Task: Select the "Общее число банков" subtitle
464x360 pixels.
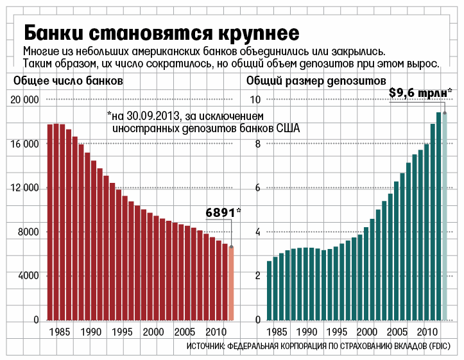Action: [68, 81]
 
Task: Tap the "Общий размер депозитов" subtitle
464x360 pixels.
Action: [316, 81]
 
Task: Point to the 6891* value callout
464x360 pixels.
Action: [223, 212]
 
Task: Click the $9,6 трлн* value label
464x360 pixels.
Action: [420, 92]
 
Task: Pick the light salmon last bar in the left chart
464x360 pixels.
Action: [231, 283]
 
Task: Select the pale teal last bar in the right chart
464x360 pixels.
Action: [444, 216]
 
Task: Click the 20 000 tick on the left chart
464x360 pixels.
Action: [25, 100]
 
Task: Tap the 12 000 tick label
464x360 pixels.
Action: [25, 188]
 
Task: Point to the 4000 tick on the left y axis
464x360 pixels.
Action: [28, 276]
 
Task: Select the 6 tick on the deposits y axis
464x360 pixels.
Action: [258, 188]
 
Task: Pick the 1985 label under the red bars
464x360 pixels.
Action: [62, 332]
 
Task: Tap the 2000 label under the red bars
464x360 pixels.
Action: [154, 332]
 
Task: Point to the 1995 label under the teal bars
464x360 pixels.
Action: [338, 332]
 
